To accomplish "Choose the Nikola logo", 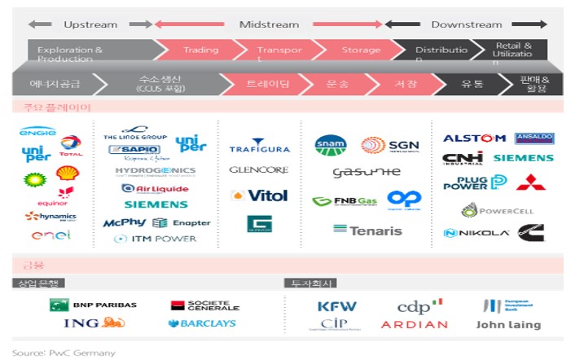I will pos(476,234).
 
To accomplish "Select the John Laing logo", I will pos(508,325).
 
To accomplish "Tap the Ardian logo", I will pos(415,325).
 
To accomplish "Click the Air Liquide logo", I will pos(154,188).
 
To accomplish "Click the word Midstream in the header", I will pos(269,24).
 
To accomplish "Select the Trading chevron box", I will pos(200,50).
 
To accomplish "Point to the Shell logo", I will pos(68,173).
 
